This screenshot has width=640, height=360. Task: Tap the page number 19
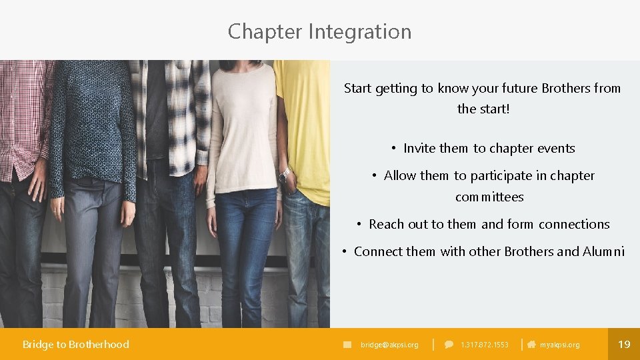(x=624, y=344)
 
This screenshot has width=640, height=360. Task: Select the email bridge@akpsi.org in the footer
(x=389, y=345)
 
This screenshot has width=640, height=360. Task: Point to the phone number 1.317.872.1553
(x=484, y=345)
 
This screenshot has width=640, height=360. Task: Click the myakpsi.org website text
(x=559, y=345)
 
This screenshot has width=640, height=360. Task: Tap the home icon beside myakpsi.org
(x=531, y=345)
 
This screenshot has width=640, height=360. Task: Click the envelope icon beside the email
(x=347, y=345)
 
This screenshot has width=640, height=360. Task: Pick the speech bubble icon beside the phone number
(x=449, y=345)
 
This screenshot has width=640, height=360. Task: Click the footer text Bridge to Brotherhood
(x=75, y=344)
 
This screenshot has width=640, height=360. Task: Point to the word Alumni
(x=603, y=251)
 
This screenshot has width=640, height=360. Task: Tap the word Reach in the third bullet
(x=386, y=225)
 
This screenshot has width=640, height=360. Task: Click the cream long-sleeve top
(x=243, y=127)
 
